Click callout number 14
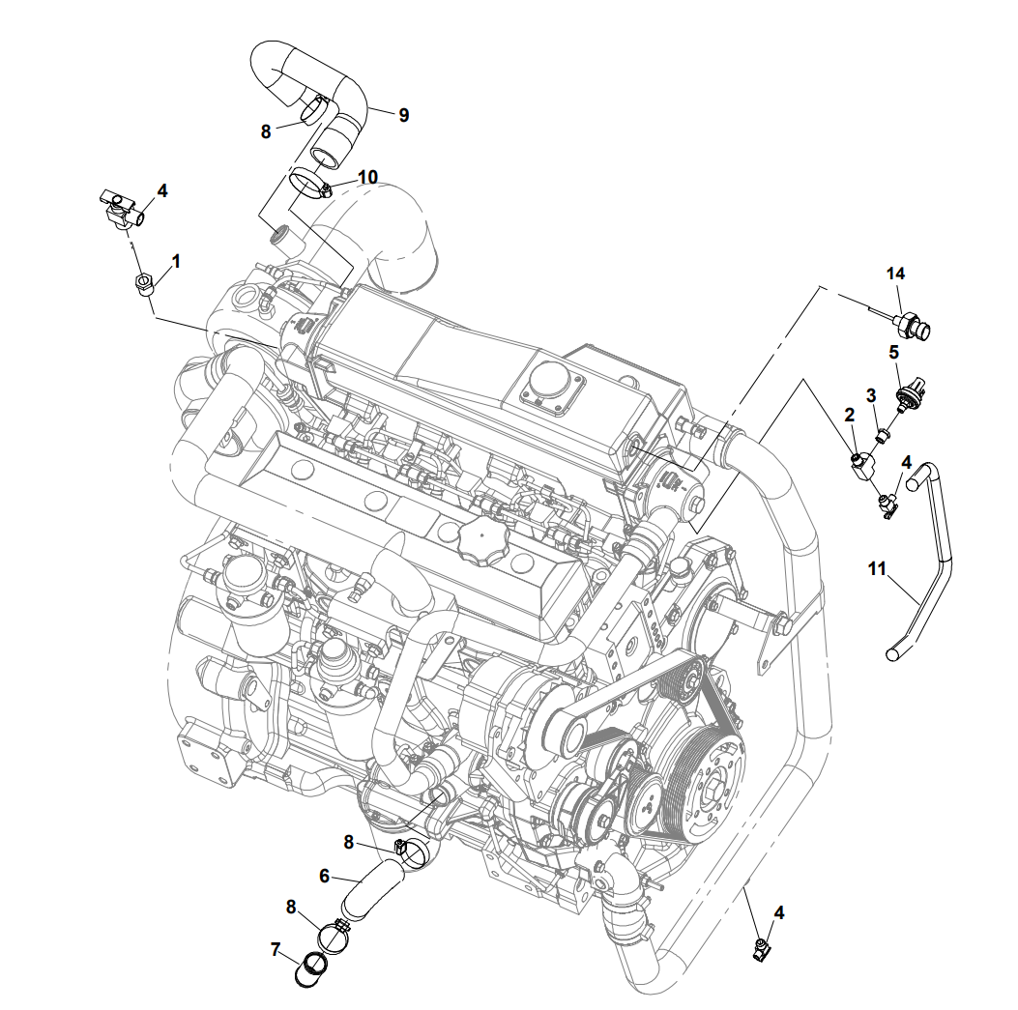[x=896, y=274]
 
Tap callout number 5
[x=894, y=352]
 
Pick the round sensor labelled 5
[x=908, y=395]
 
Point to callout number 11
[x=877, y=569]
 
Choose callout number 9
[x=403, y=115]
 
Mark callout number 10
[x=367, y=177]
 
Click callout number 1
[x=176, y=260]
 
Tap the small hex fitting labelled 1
[x=143, y=284]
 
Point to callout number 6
[x=325, y=876]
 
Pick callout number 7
[x=276, y=950]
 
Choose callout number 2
[x=850, y=416]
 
